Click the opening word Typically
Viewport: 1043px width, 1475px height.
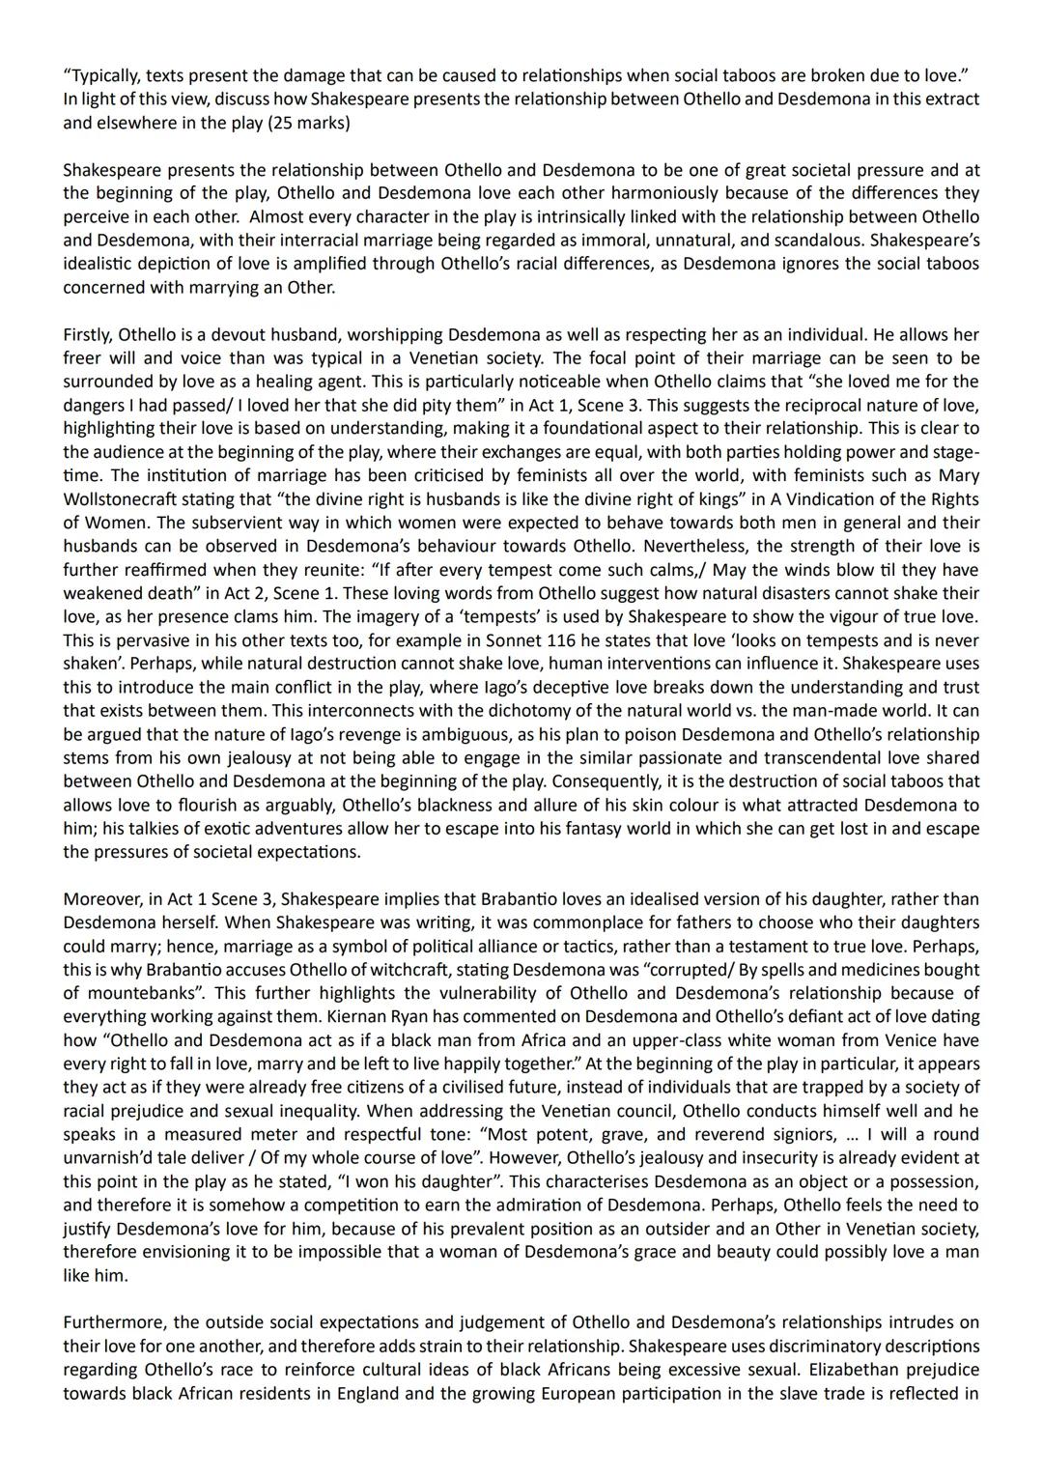click(101, 75)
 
